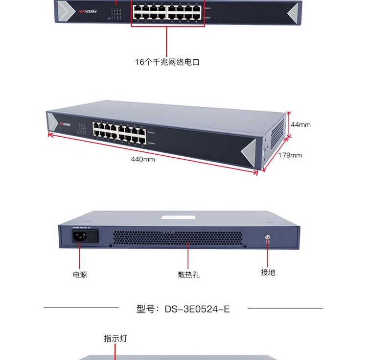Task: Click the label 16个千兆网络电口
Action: [167, 62]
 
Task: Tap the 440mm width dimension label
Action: [143, 159]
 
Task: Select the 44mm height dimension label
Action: [300, 125]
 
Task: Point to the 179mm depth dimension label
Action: [290, 155]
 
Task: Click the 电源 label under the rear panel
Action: [80, 275]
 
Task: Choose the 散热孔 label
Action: [188, 275]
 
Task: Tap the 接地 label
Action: [268, 272]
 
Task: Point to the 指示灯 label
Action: [115, 338]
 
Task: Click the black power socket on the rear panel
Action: [79, 237]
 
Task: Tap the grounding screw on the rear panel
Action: [267, 238]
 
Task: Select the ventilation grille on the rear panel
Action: [178, 238]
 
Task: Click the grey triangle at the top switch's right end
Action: [292, 13]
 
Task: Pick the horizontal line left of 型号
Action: [81, 308]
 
